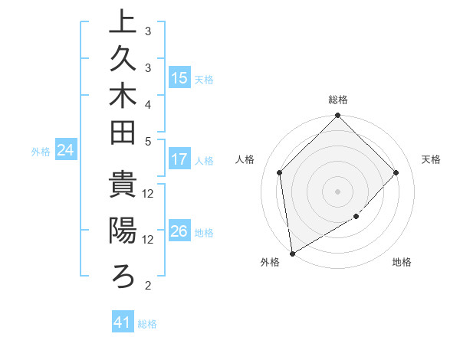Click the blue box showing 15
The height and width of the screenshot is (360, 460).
(x=179, y=78)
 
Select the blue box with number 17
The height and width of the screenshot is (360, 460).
(x=179, y=160)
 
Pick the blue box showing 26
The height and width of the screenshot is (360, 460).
(x=179, y=231)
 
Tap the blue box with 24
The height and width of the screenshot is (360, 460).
(x=66, y=151)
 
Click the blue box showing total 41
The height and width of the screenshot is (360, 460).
(x=123, y=323)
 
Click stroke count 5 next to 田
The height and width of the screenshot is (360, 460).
(x=147, y=141)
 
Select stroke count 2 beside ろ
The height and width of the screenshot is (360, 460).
(x=147, y=286)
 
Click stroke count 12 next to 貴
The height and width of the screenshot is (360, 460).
(x=148, y=193)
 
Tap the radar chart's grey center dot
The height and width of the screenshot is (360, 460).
(x=337, y=191)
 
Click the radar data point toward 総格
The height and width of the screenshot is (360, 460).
(x=337, y=116)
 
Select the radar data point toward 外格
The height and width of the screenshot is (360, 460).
(x=292, y=253)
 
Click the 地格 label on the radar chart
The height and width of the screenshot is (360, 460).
(x=402, y=263)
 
